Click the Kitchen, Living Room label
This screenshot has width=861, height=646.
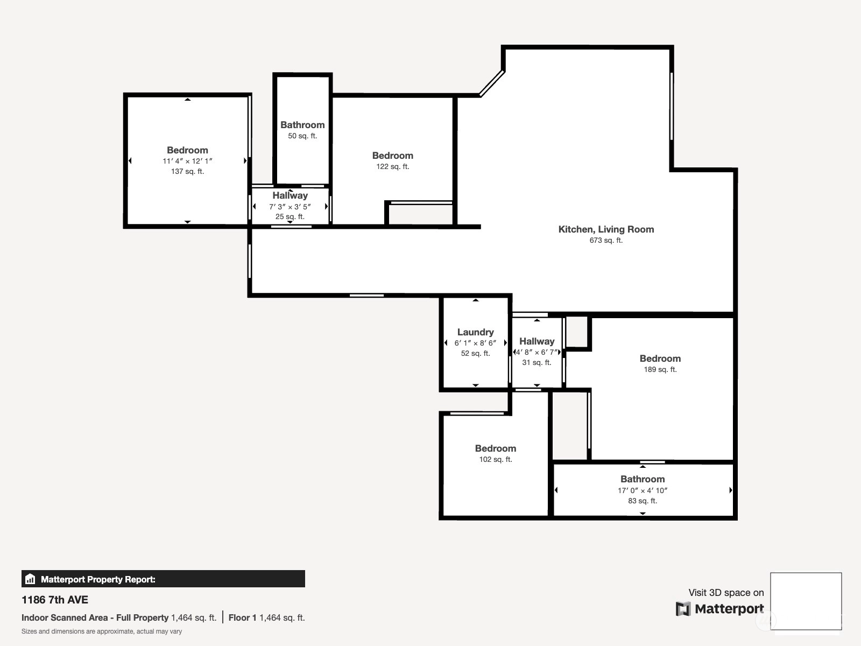click(606, 229)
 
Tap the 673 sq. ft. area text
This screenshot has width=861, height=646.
click(606, 240)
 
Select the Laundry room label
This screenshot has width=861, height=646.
click(475, 332)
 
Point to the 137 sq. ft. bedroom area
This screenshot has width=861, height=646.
click(187, 171)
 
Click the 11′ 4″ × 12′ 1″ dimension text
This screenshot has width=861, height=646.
click(187, 161)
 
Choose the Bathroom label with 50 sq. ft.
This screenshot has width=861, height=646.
click(302, 125)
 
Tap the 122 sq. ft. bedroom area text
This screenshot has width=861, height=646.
click(393, 166)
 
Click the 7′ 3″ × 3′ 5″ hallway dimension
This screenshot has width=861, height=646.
click(290, 207)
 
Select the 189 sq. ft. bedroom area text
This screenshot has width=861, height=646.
click(660, 369)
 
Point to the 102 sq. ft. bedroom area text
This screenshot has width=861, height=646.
click(496, 459)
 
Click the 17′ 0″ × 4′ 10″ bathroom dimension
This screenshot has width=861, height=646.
click(643, 490)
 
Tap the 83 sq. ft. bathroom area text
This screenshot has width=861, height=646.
click(643, 501)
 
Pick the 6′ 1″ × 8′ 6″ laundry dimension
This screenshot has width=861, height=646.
click(475, 343)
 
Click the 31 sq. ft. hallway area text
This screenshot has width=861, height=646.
click(537, 362)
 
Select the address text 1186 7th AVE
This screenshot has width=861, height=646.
click(55, 600)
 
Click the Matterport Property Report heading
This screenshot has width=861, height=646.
click(98, 579)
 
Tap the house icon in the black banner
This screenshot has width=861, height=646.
click(30, 579)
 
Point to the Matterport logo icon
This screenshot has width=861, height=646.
click(683, 609)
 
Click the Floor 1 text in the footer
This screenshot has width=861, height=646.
click(242, 618)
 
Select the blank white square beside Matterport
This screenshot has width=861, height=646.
click(806, 601)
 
